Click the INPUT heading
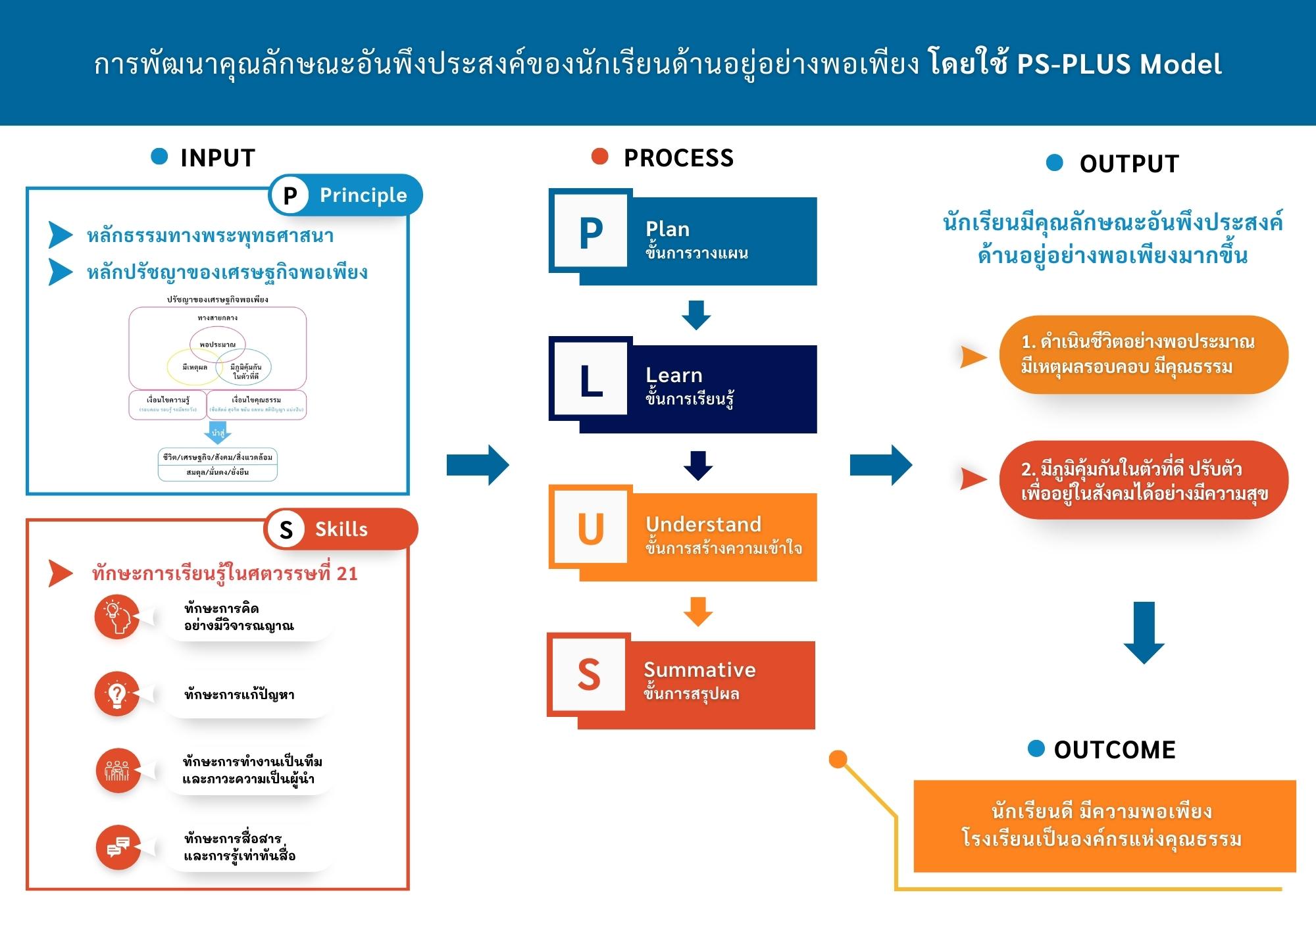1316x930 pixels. [217, 158]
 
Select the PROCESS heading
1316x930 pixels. [678, 158]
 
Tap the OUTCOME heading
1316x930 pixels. [1115, 750]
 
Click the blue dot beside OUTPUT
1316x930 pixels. [1055, 162]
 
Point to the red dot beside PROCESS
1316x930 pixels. [599, 157]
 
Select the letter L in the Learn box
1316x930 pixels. [591, 381]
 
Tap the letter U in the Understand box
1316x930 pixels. [590, 529]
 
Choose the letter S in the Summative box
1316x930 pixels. [589, 675]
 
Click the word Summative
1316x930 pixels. [699, 670]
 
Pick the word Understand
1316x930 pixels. [703, 524]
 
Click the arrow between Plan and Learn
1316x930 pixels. [696, 314]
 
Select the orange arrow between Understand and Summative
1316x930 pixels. [697, 611]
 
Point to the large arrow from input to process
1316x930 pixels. [478, 465]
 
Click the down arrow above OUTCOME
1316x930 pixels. [1144, 632]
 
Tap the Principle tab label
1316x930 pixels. [363, 195]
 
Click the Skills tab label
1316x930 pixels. [341, 529]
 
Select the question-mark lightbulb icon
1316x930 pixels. [117, 694]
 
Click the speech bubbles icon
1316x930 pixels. [118, 847]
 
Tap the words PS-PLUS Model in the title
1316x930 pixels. [1119, 64]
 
